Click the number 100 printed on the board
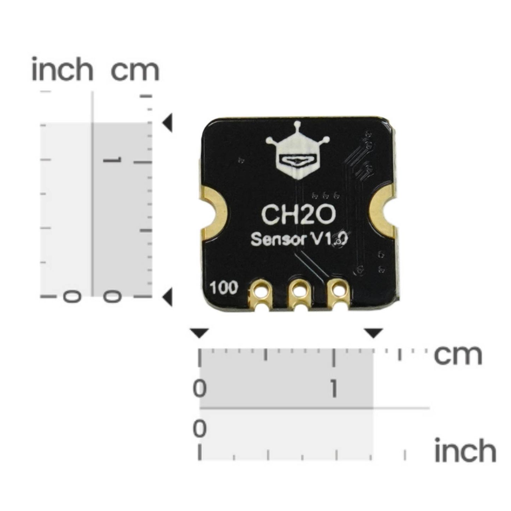pyautogui.click(x=223, y=288)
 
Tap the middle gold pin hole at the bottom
pyautogui.click(x=300, y=291)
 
